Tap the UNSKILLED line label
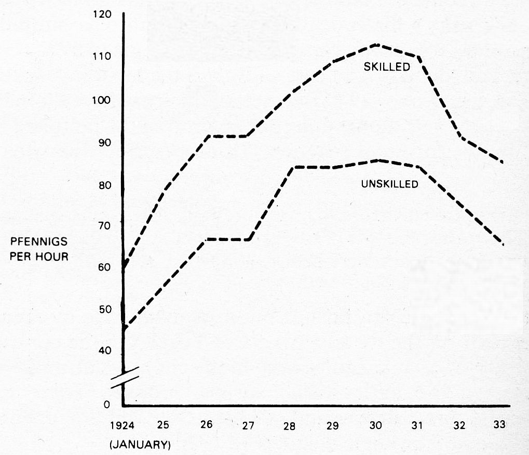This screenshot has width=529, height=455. coord(389,184)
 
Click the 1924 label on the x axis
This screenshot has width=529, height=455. coord(123,425)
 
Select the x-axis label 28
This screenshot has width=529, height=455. coord(290,426)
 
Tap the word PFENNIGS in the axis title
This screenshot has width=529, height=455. coord(39,243)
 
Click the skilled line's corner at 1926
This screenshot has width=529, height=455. coord(206,136)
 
